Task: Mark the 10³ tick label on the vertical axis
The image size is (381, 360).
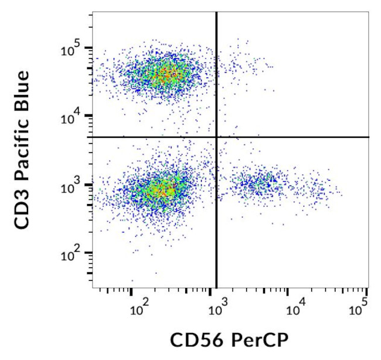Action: (74, 186)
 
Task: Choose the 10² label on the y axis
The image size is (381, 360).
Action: (74, 254)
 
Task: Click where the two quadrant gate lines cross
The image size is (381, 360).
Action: (217, 137)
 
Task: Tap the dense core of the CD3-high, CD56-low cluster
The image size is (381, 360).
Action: (161, 74)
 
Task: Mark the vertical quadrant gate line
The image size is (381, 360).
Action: (217, 235)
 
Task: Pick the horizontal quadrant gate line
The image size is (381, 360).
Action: (305, 137)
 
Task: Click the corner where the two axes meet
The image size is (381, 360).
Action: (93, 287)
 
